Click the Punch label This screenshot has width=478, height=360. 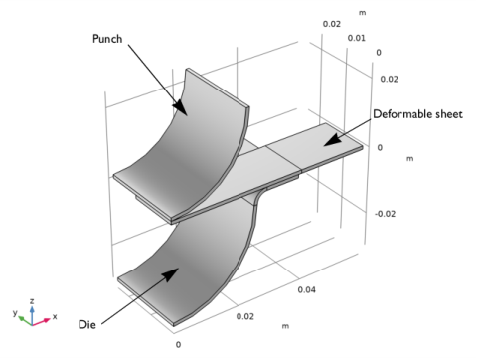tap(107, 39)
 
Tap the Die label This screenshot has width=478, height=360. tap(87, 324)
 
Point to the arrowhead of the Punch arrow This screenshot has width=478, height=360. tap(180, 106)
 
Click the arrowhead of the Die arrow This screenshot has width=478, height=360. tap(171, 274)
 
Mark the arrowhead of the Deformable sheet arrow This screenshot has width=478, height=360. tap(332, 139)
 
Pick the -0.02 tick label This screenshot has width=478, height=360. tap(386, 214)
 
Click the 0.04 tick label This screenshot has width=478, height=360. tap(306, 290)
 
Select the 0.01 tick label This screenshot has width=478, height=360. tap(357, 38)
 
